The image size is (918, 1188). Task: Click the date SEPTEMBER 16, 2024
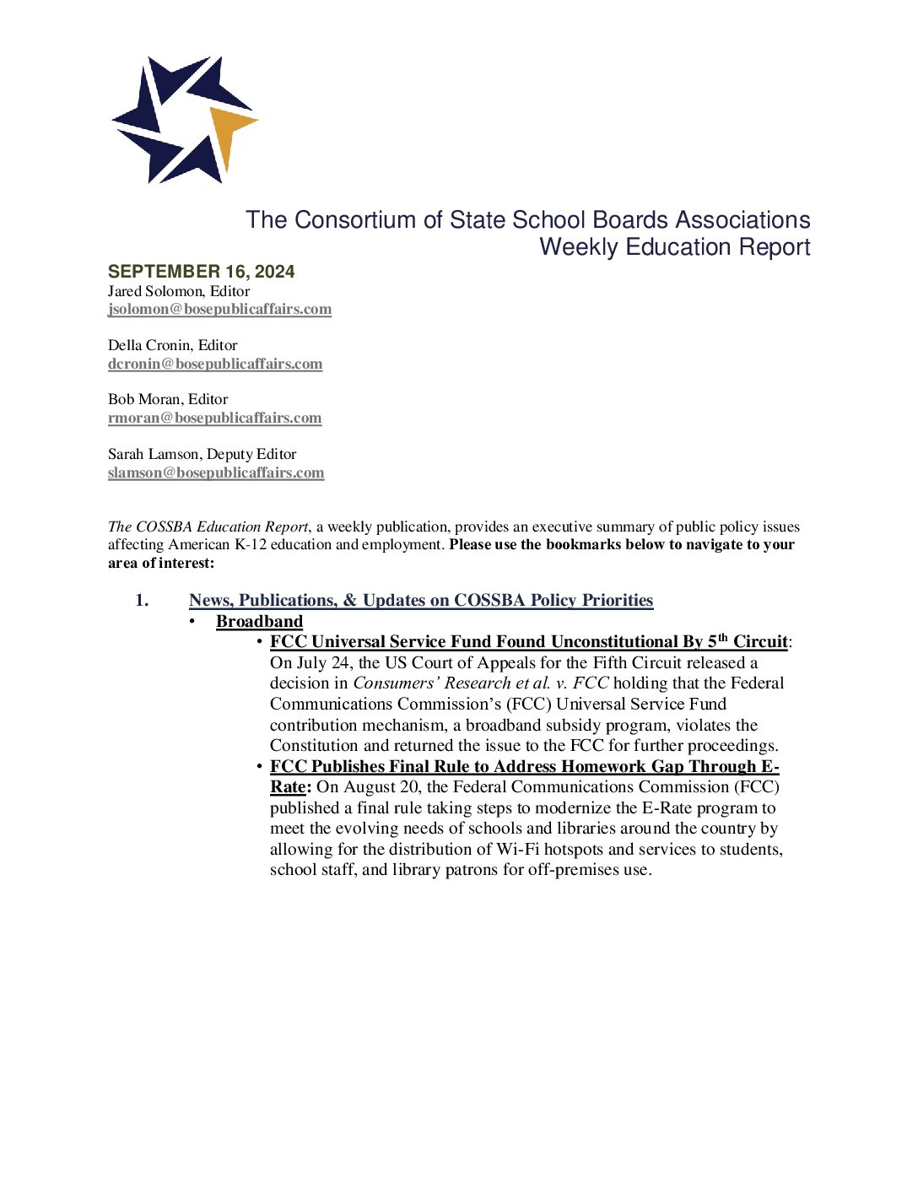click(x=201, y=272)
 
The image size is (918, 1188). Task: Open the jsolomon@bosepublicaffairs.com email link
click(x=219, y=309)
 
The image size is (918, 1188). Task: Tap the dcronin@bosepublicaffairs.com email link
click(x=215, y=364)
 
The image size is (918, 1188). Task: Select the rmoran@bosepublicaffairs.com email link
click(x=214, y=418)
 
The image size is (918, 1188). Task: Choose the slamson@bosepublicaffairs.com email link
click(x=216, y=472)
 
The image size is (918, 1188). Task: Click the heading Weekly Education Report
click(x=674, y=247)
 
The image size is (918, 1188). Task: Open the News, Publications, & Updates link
click(x=420, y=600)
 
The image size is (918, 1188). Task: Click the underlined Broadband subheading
click(x=259, y=621)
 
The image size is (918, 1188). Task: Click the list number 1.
click(x=142, y=600)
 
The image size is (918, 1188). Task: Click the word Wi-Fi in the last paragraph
click(x=517, y=850)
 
